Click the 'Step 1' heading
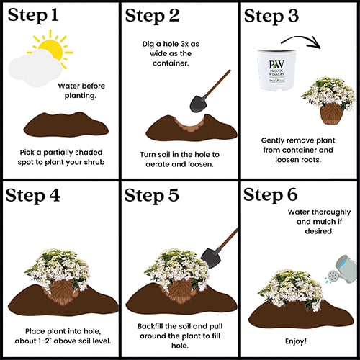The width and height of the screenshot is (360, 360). (x=33, y=15)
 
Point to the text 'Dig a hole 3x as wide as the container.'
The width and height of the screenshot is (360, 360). (x=171, y=53)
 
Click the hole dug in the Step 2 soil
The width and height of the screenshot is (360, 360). (x=190, y=124)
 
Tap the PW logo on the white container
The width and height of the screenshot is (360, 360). (x=276, y=65)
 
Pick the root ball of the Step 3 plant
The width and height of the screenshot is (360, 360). (x=331, y=113)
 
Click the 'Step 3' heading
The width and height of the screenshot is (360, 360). (x=271, y=16)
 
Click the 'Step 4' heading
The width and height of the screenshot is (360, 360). (x=32, y=195)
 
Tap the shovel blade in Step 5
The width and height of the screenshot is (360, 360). (x=210, y=258)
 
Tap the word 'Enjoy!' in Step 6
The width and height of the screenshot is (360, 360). (x=296, y=341)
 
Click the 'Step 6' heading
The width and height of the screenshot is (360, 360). (x=271, y=195)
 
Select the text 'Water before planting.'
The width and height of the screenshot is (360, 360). (x=81, y=91)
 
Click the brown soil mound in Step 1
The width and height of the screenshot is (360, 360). (x=66, y=125)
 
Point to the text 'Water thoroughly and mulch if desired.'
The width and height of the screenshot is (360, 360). (x=319, y=222)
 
